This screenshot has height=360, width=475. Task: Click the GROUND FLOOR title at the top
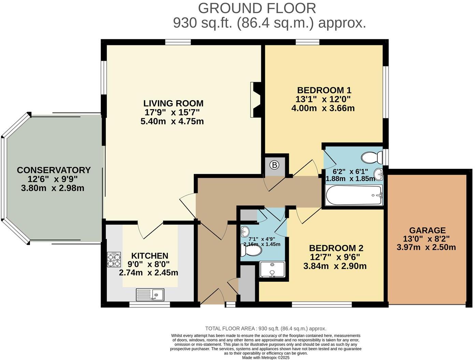pyautogui.click(x=257, y=8)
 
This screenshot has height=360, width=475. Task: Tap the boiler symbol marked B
pyautogui.click(x=274, y=165)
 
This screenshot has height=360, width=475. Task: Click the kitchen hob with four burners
pyautogui.click(x=114, y=260)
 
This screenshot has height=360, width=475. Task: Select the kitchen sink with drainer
pyautogui.click(x=150, y=294)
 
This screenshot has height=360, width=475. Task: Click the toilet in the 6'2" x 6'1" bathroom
pyautogui.click(x=372, y=157)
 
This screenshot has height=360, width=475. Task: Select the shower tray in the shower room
pyautogui.click(x=272, y=269)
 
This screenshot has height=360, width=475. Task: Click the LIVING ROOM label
pyautogui.click(x=173, y=103)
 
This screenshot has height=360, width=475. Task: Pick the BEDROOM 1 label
pyautogui.click(x=324, y=90)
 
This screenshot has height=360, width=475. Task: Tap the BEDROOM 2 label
pyautogui.click(x=336, y=248)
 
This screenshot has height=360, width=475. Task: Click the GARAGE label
pyautogui.click(x=427, y=230)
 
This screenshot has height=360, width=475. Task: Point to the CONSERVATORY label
pyautogui.click(x=54, y=170)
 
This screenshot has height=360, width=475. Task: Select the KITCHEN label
pyautogui.click(x=150, y=256)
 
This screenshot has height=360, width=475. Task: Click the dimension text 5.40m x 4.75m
pyautogui.click(x=172, y=121)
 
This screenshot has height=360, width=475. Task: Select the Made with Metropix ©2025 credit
pyautogui.click(x=265, y=358)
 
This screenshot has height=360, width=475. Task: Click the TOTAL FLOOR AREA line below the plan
pyautogui.click(x=265, y=329)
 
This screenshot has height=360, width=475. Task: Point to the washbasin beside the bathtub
pyautogui.click(x=378, y=175)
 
